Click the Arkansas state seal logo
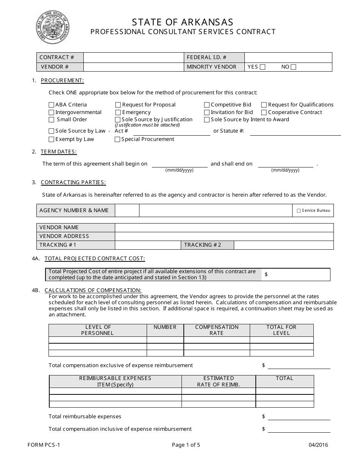pyautogui.click(x=53, y=28)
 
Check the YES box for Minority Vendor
pyautogui.click(x=263, y=67)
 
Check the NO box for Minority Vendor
pyautogui.click(x=293, y=67)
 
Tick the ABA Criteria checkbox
pyautogui.click(x=52, y=105)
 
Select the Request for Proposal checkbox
pyautogui.click(x=118, y=105)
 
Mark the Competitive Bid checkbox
pyautogui.click(x=207, y=105)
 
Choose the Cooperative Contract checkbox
pyautogui.click(x=264, y=113)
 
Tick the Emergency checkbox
pyautogui.click(x=118, y=113)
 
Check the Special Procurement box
pyautogui.click(x=118, y=139)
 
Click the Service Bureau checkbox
pyautogui.click(x=299, y=211)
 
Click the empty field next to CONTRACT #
pyautogui.click(x=133, y=57)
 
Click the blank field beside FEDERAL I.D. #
pyautogui.click(x=288, y=57)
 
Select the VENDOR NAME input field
pyautogui.click(x=224, y=227)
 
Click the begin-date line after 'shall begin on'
pyautogui.click(x=180, y=164)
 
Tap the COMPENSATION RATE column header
pyautogui.click(x=217, y=330)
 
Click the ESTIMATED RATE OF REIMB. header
pyautogui.click(x=219, y=381)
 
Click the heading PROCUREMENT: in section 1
pyautogui.click(x=62, y=80)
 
